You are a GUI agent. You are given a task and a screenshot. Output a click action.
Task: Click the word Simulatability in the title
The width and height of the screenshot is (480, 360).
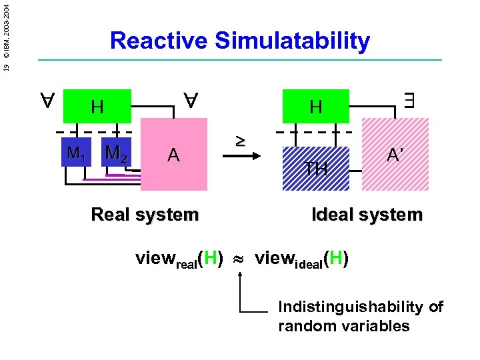click(x=292, y=41)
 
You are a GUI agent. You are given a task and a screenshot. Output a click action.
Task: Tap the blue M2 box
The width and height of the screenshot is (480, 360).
click(x=117, y=153)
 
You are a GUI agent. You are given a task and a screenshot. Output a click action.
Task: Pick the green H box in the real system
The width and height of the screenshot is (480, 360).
click(x=97, y=106)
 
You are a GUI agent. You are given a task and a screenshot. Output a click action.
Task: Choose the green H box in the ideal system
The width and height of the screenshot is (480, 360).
click(x=316, y=106)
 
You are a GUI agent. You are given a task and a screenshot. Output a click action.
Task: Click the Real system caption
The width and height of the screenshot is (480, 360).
click(x=144, y=215)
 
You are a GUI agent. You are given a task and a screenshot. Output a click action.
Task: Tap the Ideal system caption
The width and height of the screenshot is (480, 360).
click(x=367, y=215)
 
